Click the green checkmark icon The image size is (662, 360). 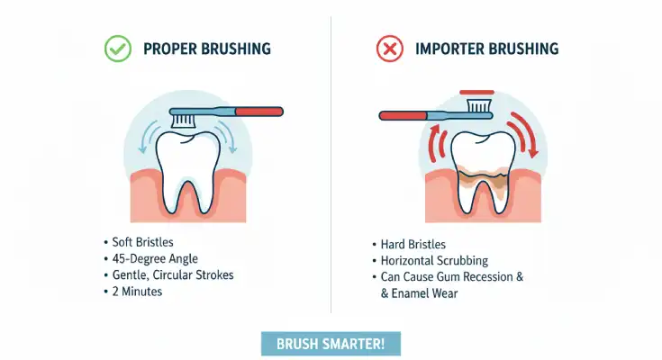pos(118,49)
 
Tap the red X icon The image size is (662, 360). pos(390,49)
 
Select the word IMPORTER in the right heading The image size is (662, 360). pos(449,49)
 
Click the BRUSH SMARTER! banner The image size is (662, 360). pos(331,343)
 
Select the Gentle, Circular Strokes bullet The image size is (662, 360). pos(172,275)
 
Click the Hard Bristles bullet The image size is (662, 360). pos(413,245)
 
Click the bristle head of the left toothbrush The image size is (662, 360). pos(185,118)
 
